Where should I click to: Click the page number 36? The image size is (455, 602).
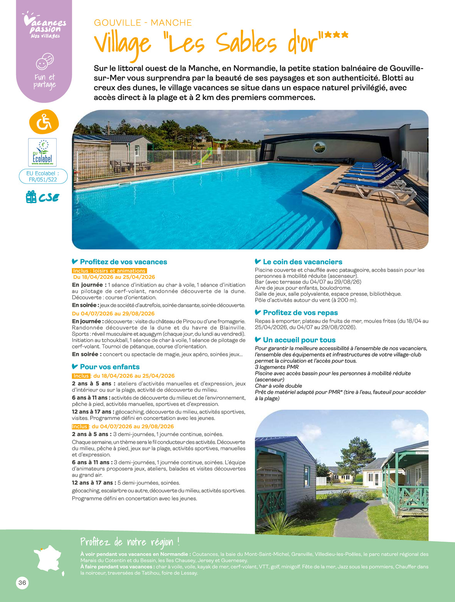tap(22, 583)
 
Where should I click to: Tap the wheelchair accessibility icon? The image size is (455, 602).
tap(44, 122)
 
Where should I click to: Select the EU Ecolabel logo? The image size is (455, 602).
tap(42, 152)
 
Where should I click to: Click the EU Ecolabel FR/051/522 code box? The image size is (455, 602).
tap(43, 177)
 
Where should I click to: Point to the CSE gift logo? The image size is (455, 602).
tap(42, 197)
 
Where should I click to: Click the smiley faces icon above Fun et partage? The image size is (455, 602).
tap(45, 61)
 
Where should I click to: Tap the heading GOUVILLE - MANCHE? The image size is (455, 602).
tap(143, 23)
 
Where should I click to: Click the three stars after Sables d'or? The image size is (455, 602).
tap(336, 35)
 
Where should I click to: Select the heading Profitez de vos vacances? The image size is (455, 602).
tap(123, 262)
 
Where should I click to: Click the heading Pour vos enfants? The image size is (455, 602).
tap(109, 367)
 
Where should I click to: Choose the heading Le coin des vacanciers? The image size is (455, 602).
tap(302, 262)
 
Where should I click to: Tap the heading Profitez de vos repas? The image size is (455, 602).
tap(300, 313)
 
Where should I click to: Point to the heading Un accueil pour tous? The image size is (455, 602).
tap(299, 340)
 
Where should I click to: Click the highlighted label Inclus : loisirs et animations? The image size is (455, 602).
tap(109, 271)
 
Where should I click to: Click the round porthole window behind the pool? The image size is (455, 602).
tap(319, 146)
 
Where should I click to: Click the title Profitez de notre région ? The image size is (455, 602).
tap(130, 542)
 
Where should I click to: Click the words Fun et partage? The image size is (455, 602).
tap(45, 81)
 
